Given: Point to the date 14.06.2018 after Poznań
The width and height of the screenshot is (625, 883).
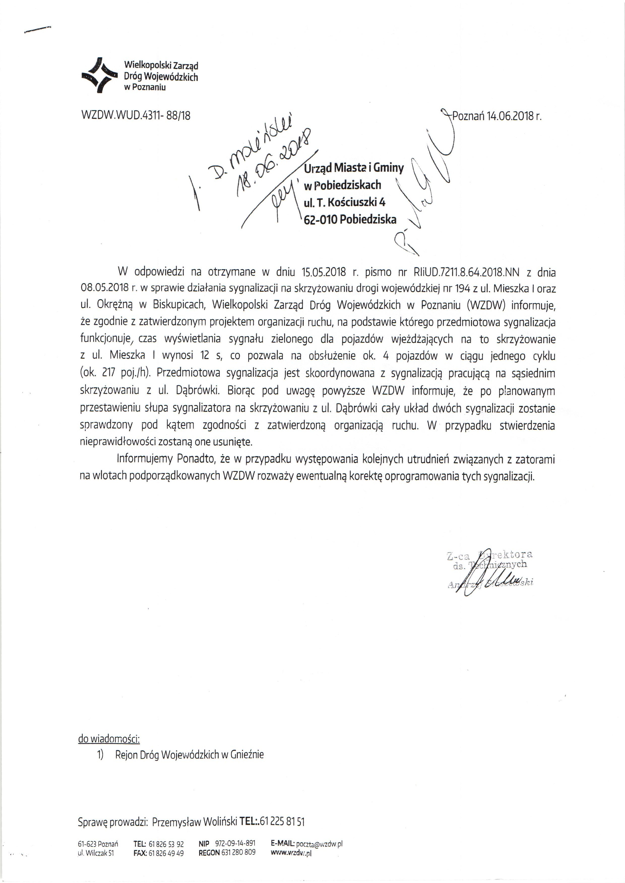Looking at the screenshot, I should [x=510, y=116].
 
